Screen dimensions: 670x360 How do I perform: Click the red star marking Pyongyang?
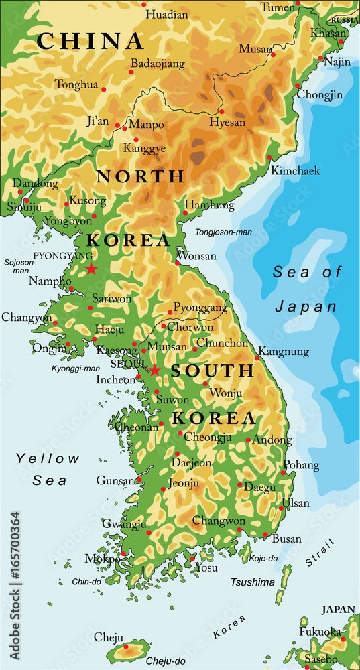pyautogui.click(x=91, y=269)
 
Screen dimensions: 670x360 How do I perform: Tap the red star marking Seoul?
pyautogui.click(x=155, y=371)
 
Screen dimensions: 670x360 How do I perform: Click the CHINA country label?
pyautogui.click(x=91, y=41)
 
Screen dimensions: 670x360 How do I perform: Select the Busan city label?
pyautogui.click(x=286, y=539)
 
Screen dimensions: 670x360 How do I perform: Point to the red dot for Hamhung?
pyautogui.click(x=186, y=214)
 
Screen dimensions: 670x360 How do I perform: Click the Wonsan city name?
pyautogui.click(x=196, y=255)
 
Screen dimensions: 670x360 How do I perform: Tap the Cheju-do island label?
pyautogui.click(x=166, y=661)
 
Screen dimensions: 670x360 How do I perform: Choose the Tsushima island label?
pyautogui.click(x=253, y=582)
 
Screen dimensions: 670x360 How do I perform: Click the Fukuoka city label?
pyautogui.click(x=320, y=632)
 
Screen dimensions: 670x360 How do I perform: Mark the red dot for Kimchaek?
pyautogui.click(x=269, y=158)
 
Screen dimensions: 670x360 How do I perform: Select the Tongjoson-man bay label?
pyautogui.click(x=223, y=232)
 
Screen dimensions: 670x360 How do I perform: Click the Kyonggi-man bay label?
pyautogui.click(x=75, y=368)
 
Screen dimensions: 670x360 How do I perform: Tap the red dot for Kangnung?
pyautogui.click(x=257, y=358)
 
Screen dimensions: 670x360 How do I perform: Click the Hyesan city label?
pyautogui.click(x=227, y=123)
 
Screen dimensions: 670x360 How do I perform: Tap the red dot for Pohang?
pyautogui.click(x=284, y=473)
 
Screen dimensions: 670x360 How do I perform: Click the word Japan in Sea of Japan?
pyautogui.click(x=305, y=306)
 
